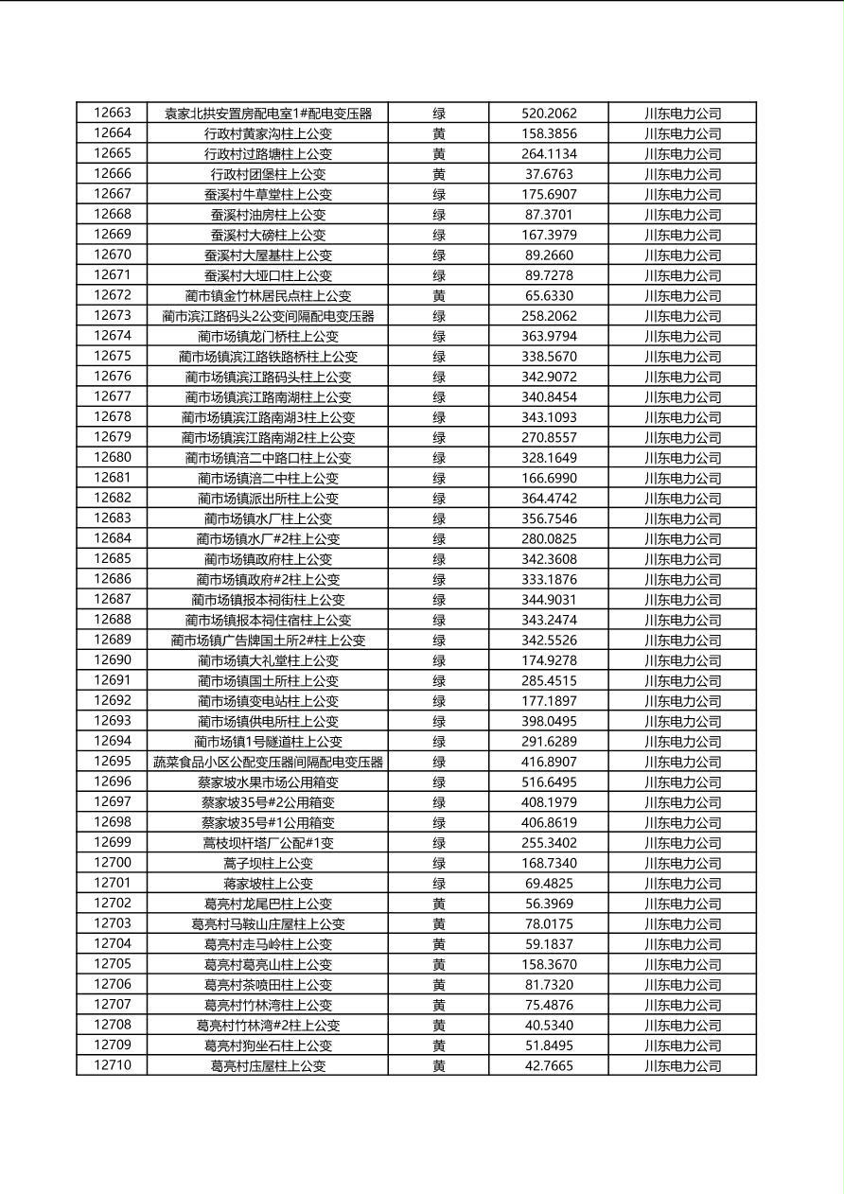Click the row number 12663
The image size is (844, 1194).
(113, 113)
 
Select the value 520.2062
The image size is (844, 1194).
(549, 114)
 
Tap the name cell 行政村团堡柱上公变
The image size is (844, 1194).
(268, 174)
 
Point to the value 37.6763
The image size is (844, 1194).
(549, 174)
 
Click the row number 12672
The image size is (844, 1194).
(113, 295)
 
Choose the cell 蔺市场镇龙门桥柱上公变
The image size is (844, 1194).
(268, 336)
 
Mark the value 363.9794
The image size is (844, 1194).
(549, 336)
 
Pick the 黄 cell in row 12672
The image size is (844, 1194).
(439, 295)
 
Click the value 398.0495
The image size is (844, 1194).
(549, 721)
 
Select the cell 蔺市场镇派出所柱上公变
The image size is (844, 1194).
(268, 499)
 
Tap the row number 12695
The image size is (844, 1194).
(113, 762)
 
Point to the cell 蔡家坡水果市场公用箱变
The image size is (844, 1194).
(268, 782)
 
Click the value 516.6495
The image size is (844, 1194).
(549, 782)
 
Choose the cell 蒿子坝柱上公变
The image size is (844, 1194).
(268, 863)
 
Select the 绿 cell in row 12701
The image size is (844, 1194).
(439, 884)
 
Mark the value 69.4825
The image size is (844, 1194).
(549, 884)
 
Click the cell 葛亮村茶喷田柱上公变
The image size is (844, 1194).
(268, 985)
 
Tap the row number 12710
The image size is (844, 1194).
(113, 1065)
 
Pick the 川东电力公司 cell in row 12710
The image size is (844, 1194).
(682, 1066)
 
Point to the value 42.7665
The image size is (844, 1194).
(549, 1066)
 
